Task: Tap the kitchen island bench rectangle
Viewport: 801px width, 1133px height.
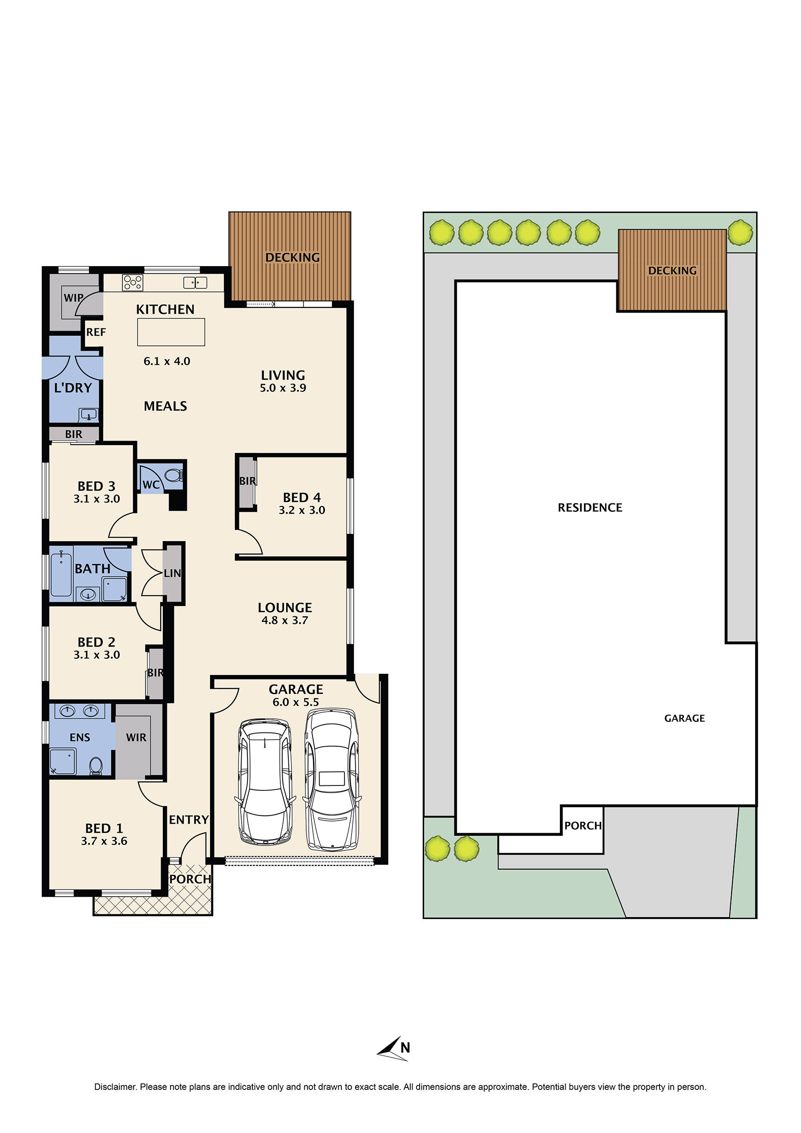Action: coord(171,332)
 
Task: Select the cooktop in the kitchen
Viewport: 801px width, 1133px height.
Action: coord(133,282)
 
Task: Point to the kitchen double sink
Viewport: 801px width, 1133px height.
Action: coord(195,282)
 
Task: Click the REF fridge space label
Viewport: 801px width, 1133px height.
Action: coord(95,332)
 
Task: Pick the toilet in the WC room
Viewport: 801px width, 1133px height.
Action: coord(173,475)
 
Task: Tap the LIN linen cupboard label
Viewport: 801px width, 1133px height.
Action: coord(172,573)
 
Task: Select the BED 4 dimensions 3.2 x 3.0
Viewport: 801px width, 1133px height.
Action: coord(302,510)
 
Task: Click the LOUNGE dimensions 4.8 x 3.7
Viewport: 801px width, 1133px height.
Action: coord(284,620)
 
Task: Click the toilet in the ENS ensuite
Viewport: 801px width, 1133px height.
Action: coord(96,765)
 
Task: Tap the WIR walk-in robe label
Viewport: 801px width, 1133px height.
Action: coord(136,737)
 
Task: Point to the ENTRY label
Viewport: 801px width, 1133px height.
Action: coord(189,820)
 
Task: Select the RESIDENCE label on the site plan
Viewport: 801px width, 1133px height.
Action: coord(589,507)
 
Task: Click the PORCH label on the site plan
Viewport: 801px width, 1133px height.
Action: coord(583,825)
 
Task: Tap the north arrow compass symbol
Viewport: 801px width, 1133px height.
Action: coord(393,1048)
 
